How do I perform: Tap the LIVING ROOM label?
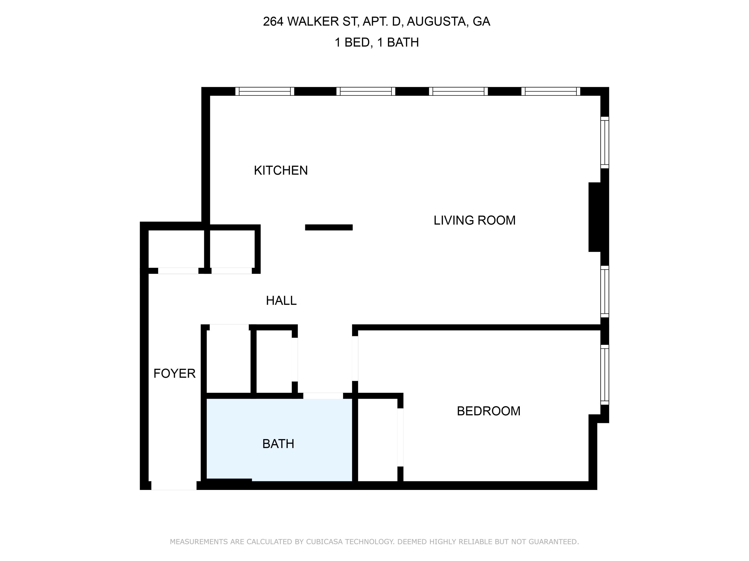[x=474, y=220]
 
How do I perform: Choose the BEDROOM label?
[x=488, y=411]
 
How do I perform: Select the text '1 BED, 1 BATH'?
[x=376, y=43]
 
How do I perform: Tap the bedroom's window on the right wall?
[x=605, y=375]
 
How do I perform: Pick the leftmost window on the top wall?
[x=265, y=91]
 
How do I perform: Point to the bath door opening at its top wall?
[x=323, y=396]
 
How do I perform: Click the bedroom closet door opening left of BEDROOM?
[x=400, y=437]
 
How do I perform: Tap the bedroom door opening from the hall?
[x=355, y=359]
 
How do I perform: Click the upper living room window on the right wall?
[x=605, y=142]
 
